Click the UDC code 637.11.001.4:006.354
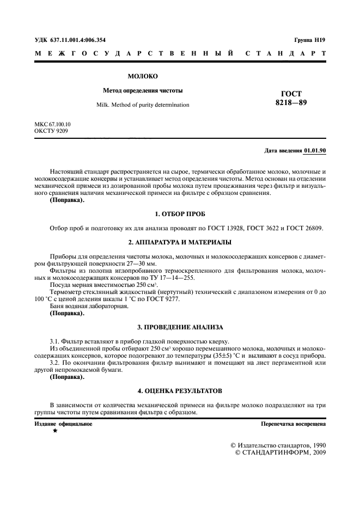pyautogui.click(x=78, y=40)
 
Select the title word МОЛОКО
pyautogui.click(x=143, y=76)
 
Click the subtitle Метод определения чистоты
pyautogui.click(x=143, y=90)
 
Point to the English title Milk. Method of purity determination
pyautogui.click(x=143, y=105)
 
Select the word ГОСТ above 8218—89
pyautogui.click(x=291, y=94)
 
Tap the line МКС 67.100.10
pyautogui.click(x=52, y=124)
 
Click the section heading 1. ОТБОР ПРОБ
pyautogui.click(x=180, y=214)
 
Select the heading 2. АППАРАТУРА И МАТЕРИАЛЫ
pyautogui.click(x=180, y=242)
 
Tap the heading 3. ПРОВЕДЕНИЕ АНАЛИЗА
pyautogui.click(x=180, y=327)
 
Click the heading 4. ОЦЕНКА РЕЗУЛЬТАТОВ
pyautogui.click(x=180, y=391)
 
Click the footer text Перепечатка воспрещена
pyautogui.click(x=293, y=424)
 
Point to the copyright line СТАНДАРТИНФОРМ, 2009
pyautogui.click(x=284, y=453)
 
